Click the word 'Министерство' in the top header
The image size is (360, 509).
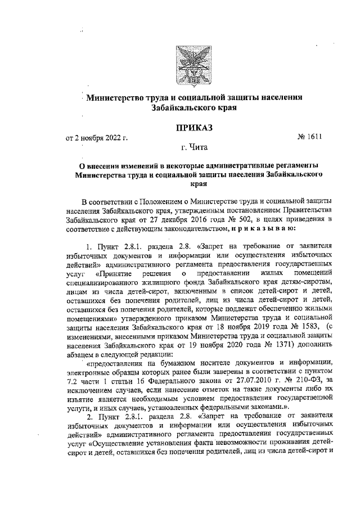tap(117, 97)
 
